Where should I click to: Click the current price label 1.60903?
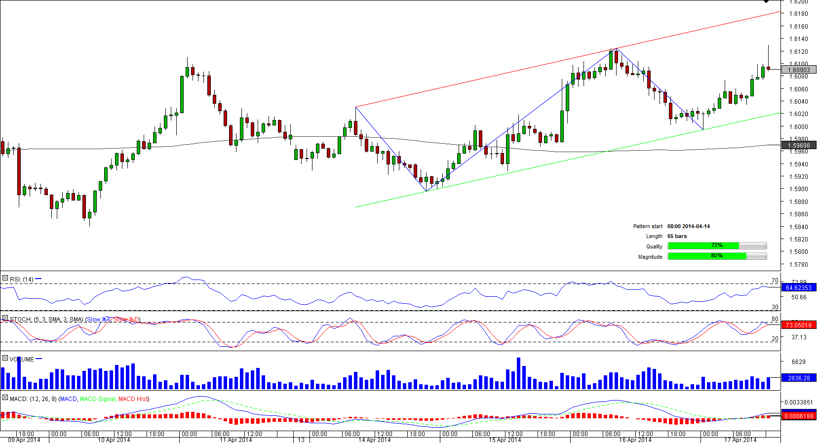point(799,70)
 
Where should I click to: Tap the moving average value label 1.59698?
point(799,146)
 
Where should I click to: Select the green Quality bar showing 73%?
point(703,246)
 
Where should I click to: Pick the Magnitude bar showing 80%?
point(706,256)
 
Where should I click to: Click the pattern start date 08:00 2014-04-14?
point(688,226)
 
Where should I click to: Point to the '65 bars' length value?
point(677,236)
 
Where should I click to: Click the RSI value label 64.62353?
point(799,287)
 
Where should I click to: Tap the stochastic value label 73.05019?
point(799,325)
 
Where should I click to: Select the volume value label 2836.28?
point(799,378)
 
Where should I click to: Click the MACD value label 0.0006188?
point(799,416)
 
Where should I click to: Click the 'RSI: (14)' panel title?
point(22,280)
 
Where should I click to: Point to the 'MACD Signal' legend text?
point(97,399)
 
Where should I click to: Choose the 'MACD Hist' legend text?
point(133,399)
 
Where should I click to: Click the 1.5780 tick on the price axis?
point(799,265)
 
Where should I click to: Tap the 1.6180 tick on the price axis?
point(799,14)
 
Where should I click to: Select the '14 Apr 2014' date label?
point(374,440)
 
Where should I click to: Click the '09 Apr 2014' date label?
point(24,440)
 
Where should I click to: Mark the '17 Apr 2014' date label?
point(740,440)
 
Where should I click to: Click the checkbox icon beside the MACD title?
point(5,398)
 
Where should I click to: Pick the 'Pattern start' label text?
point(648,226)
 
